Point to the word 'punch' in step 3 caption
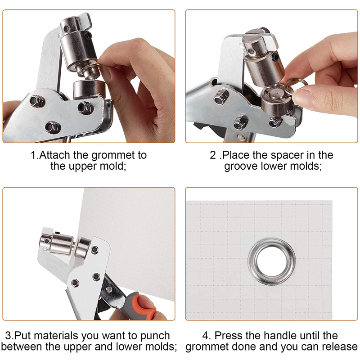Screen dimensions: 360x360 [x=155, y=336]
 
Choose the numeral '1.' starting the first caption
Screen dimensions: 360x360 [x=35, y=155]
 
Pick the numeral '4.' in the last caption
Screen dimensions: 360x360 [x=207, y=336]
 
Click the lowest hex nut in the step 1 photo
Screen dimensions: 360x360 [x=53, y=127]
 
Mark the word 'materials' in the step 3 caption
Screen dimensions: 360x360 [x=56, y=336]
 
